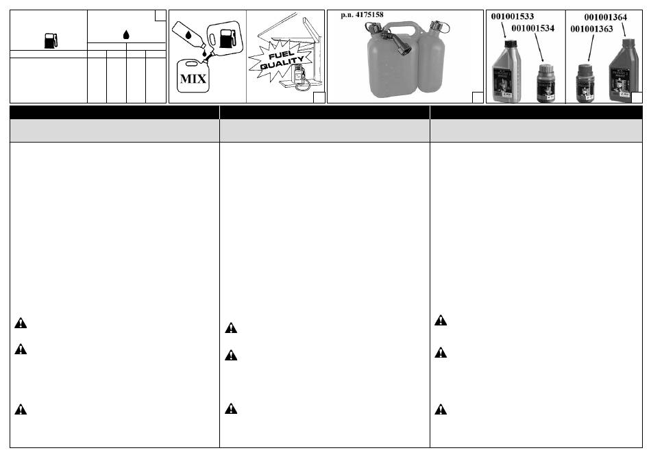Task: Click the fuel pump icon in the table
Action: click(x=51, y=40)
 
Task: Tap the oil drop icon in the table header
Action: click(x=126, y=34)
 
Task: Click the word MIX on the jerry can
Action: click(x=193, y=78)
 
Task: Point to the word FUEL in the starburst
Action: click(x=281, y=55)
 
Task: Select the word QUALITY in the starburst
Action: click(x=282, y=63)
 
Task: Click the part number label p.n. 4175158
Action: click(x=362, y=15)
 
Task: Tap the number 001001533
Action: click(x=513, y=16)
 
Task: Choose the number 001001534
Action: click(x=532, y=28)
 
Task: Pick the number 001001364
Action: click(x=605, y=17)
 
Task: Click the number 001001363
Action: click(x=591, y=29)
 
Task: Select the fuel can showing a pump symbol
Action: click(x=224, y=38)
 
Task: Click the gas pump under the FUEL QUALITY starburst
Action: click(x=299, y=77)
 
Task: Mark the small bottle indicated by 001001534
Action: click(x=545, y=83)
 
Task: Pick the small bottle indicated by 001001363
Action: click(x=585, y=83)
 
